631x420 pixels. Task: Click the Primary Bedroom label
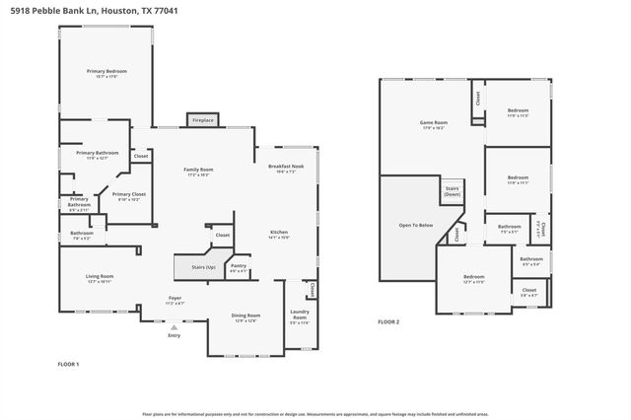tap(106, 72)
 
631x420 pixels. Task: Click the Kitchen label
tap(279, 234)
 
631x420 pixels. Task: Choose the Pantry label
tap(239, 266)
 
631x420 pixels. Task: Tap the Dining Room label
tap(245, 317)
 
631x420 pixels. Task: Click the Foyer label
tap(175, 299)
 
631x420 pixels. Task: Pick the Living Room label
tap(100, 278)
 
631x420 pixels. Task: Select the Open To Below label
tap(415, 225)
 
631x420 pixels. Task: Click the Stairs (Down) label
tap(452, 190)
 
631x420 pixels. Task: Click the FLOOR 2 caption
tap(388, 321)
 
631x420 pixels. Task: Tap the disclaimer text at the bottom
tap(315, 414)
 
